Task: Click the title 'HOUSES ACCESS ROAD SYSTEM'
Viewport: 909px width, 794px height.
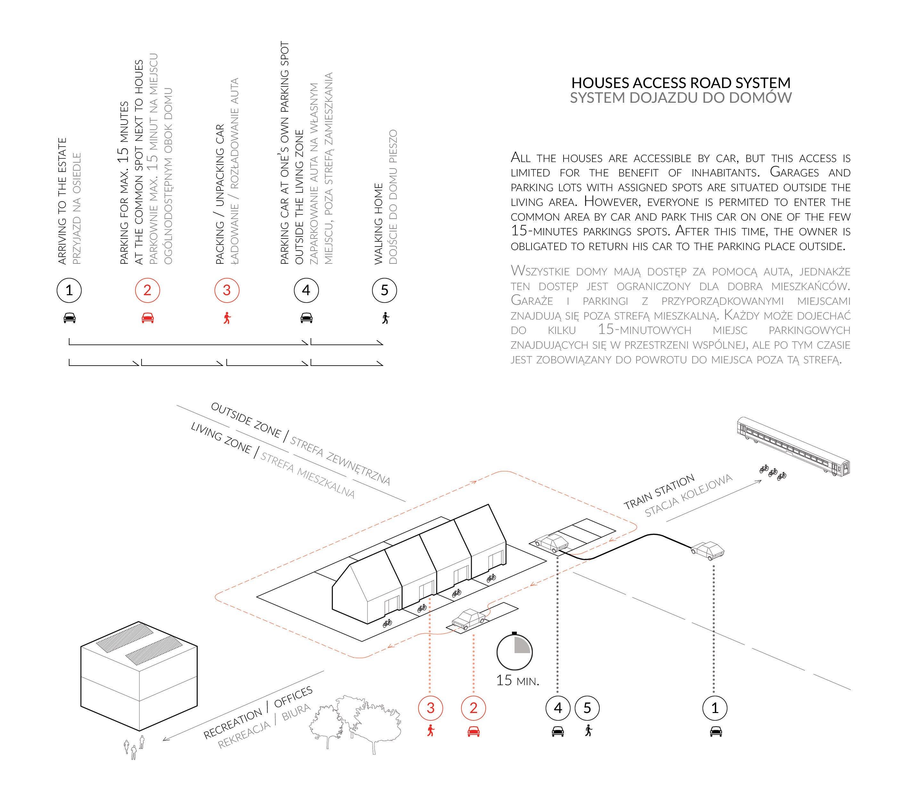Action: [680, 83]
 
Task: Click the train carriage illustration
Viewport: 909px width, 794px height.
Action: [793, 447]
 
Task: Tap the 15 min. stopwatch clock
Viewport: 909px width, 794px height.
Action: [514, 652]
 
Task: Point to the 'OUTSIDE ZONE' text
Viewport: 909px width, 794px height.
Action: [246, 420]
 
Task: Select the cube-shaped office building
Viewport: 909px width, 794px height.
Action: [139, 676]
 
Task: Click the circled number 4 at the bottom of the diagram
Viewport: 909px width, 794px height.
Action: [557, 708]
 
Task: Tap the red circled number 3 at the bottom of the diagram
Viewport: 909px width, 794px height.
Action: [430, 708]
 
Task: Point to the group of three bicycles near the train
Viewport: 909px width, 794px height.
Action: [773, 472]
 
